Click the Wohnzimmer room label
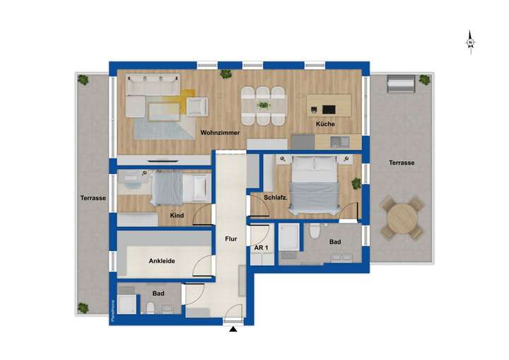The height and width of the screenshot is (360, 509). tap(220, 132)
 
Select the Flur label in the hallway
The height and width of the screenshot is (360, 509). tap(230, 239)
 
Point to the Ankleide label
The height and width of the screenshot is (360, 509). tap(162, 261)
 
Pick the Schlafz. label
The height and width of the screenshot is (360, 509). tap(274, 197)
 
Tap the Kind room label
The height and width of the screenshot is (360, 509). tap(177, 216)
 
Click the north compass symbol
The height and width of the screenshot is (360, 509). tap(470, 43)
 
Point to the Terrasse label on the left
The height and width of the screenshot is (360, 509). tap(93, 198)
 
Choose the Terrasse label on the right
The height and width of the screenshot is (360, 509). tap(402, 163)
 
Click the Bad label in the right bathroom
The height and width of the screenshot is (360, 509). tap(335, 243)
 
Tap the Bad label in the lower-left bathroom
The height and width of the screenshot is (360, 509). tap(158, 292)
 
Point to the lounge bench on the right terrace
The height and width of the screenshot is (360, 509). tap(400, 86)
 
